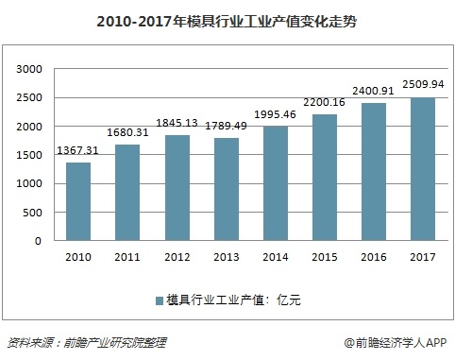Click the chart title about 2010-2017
click(x=227, y=19)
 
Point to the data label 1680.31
click(x=131, y=133)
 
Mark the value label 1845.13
click(x=181, y=124)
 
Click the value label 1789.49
click(x=231, y=127)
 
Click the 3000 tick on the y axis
click(x=32, y=69)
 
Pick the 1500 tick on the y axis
click(x=32, y=155)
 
